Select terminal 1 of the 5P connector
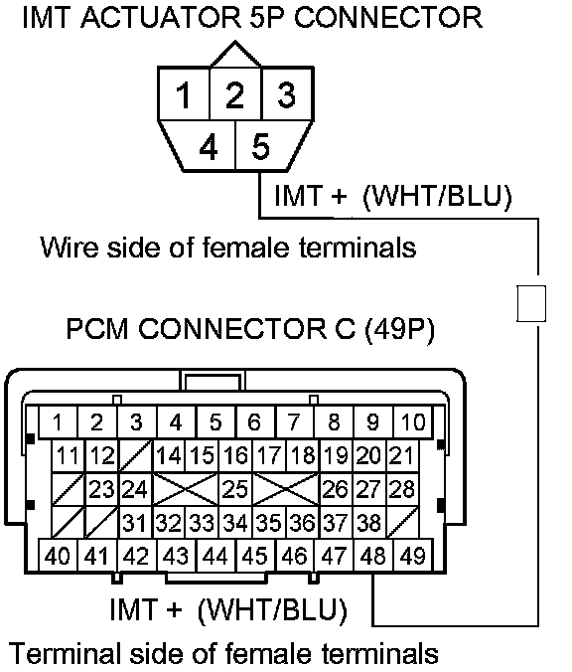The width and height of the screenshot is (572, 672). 184,93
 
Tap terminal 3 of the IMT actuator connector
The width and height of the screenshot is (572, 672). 288,93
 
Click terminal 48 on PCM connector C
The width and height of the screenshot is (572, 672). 373,556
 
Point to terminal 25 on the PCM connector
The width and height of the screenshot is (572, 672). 235,489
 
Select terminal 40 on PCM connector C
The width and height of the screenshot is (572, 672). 58,556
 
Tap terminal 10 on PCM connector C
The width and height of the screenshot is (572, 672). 413,422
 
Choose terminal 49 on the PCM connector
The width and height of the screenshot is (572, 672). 413,556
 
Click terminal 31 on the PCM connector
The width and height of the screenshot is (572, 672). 135,523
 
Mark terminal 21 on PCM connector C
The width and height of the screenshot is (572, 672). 402,456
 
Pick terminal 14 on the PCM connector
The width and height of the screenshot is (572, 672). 169,456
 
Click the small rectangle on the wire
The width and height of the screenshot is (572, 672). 531,303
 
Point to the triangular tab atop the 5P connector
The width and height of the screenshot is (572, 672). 235,55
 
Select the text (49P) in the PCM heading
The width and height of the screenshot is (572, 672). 399,329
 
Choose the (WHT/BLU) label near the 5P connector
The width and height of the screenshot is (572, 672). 437,196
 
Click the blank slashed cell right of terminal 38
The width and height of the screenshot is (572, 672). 402,523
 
